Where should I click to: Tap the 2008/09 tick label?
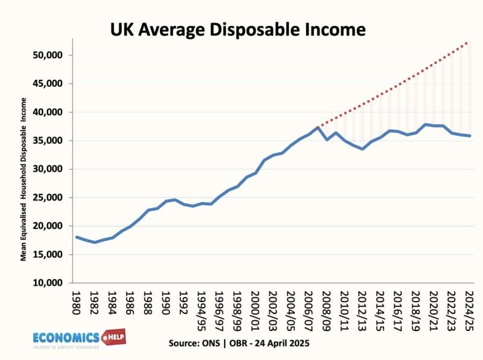click(327, 308)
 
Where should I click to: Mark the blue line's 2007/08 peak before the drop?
click(318, 127)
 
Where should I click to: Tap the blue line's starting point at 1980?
click(76, 237)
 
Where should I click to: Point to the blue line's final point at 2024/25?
click(470, 136)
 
